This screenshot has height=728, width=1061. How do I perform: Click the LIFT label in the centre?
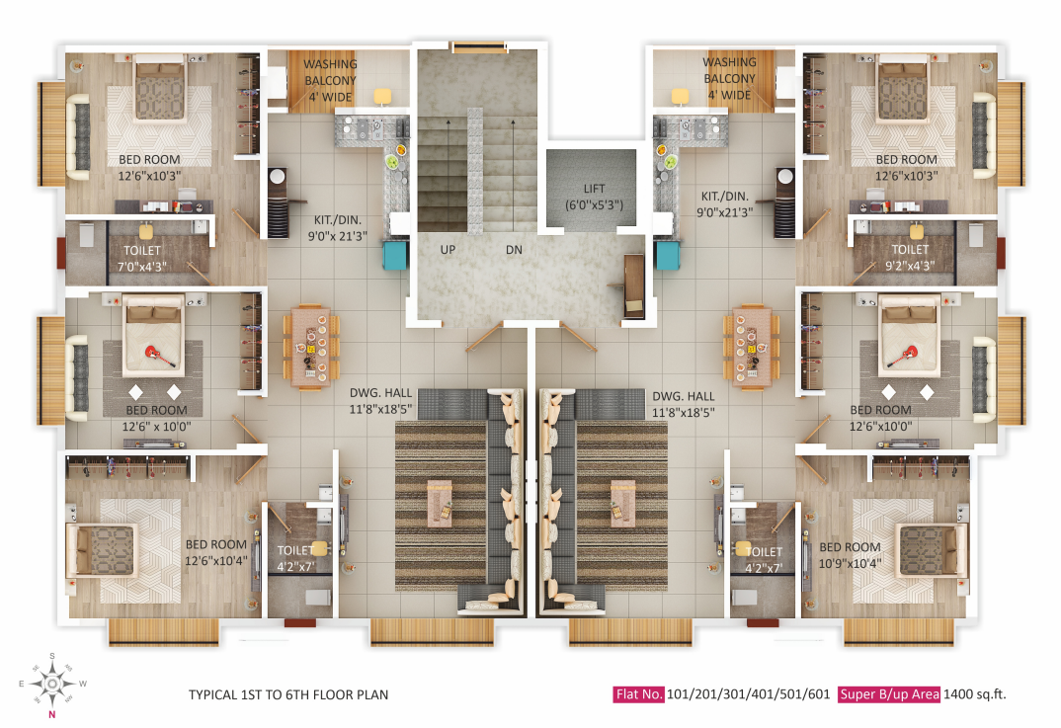tap(594, 189)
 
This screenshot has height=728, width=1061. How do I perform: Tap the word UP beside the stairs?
tap(448, 250)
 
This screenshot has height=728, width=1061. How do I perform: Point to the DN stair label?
tap(515, 250)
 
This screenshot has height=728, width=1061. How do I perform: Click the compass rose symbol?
tap(52, 684)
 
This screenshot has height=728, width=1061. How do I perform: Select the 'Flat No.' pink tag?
tap(639, 694)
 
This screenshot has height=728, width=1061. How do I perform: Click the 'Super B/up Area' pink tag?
tap(889, 694)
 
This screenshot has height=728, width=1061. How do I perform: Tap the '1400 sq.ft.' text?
tap(974, 694)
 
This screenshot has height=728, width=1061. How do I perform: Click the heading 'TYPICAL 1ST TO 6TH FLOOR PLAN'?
tap(288, 694)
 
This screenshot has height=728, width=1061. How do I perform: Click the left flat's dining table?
tap(311, 347)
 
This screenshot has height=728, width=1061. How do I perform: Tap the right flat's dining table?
tap(751, 347)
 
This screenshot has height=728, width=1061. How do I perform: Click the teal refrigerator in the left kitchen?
tap(395, 255)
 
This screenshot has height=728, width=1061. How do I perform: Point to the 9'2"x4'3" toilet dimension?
tap(910, 266)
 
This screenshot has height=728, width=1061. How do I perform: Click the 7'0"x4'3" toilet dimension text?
tap(142, 267)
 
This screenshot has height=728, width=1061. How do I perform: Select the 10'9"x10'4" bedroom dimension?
tap(850, 564)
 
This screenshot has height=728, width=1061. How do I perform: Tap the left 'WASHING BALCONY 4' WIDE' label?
tap(330, 81)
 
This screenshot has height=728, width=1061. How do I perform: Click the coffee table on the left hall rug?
tap(441, 504)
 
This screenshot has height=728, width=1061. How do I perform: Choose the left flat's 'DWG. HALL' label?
tap(381, 393)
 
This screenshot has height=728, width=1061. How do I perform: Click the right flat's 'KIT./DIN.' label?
tap(725, 197)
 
